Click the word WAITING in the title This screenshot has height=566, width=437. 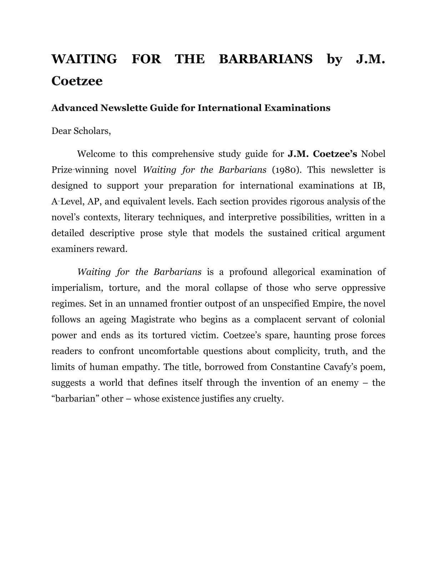pos(84,59)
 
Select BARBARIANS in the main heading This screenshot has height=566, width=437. pos(266,59)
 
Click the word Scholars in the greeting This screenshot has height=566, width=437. pos(92,131)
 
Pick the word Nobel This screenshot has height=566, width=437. pos(373,154)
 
